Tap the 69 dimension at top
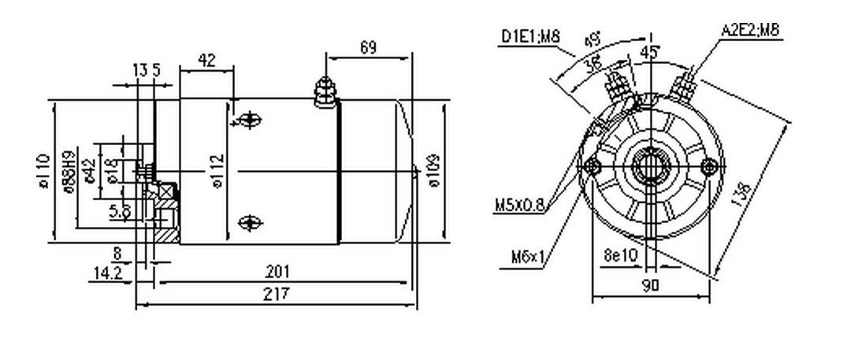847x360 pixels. tap(367, 48)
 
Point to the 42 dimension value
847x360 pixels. tap(207, 60)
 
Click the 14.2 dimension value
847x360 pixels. tap(107, 273)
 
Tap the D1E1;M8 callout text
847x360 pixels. tap(529, 36)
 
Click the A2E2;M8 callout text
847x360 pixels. tap(750, 31)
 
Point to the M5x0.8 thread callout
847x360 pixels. tap(520, 206)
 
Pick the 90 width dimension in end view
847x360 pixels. tap(649, 286)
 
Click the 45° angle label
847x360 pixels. tap(651, 52)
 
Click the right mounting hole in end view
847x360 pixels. tap(710, 165)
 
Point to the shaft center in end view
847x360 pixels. tap(652, 166)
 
